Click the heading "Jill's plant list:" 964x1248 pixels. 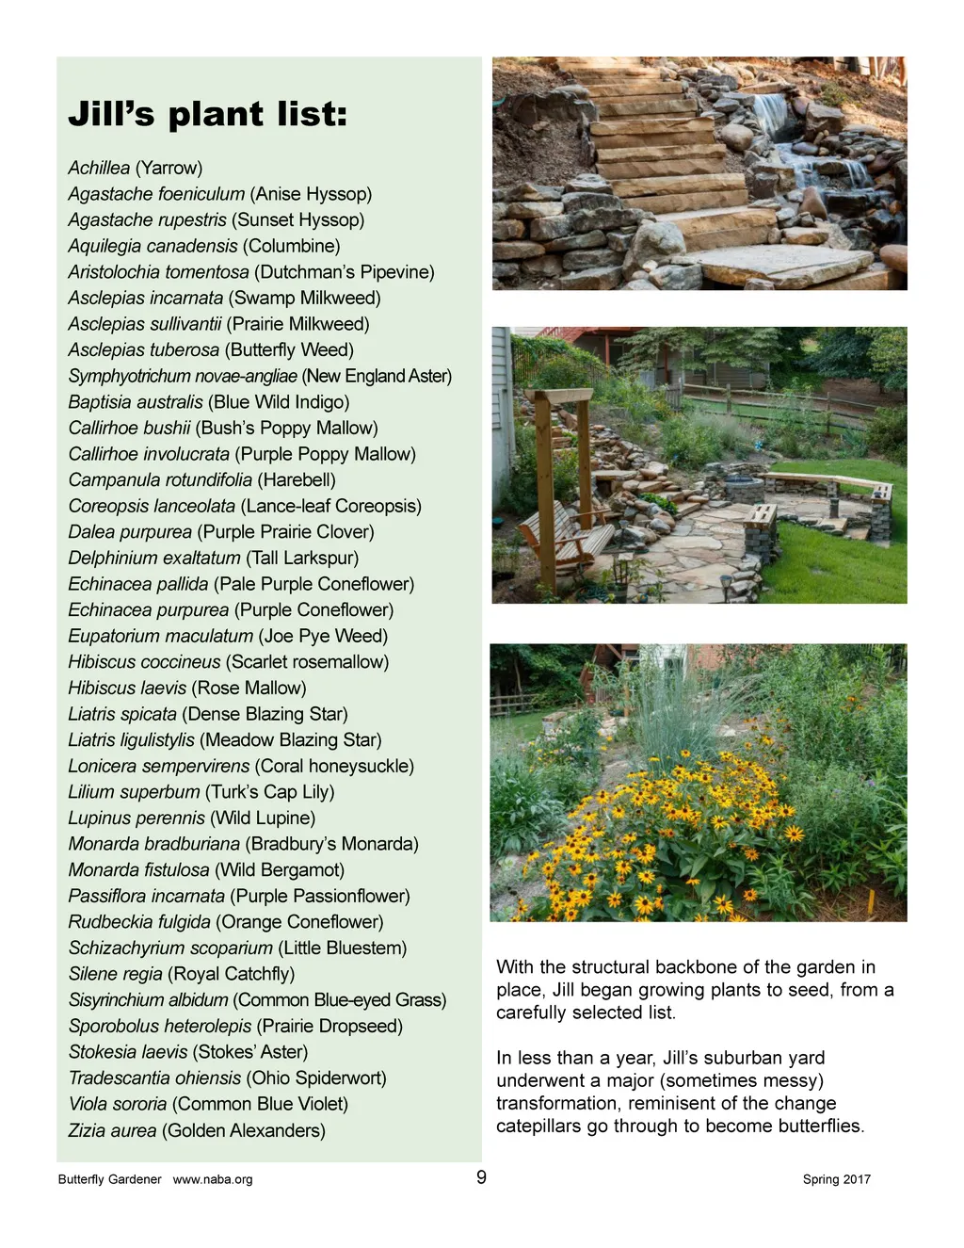(x=208, y=114)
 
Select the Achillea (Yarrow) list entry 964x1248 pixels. (x=136, y=168)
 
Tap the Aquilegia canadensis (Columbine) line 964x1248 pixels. (x=203, y=246)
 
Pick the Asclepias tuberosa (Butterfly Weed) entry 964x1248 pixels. (x=211, y=349)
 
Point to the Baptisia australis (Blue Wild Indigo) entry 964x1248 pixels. (x=208, y=402)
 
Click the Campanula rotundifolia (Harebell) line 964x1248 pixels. (x=201, y=479)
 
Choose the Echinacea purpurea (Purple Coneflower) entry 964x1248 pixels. (x=231, y=609)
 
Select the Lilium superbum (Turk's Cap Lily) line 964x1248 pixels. (x=201, y=792)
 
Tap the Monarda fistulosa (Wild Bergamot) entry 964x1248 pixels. (x=206, y=869)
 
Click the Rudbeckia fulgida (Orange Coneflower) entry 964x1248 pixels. (x=226, y=922)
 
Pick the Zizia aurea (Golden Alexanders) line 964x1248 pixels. (x=197, y=1130)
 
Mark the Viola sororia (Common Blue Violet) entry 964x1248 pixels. (x=208, y=1104)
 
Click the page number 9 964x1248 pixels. (x=481, y=1177)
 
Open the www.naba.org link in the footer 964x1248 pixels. (x=213, y=1179)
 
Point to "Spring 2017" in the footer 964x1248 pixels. (x=836, y=1179)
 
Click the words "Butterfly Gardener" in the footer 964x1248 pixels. (x=109, y=1179)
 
